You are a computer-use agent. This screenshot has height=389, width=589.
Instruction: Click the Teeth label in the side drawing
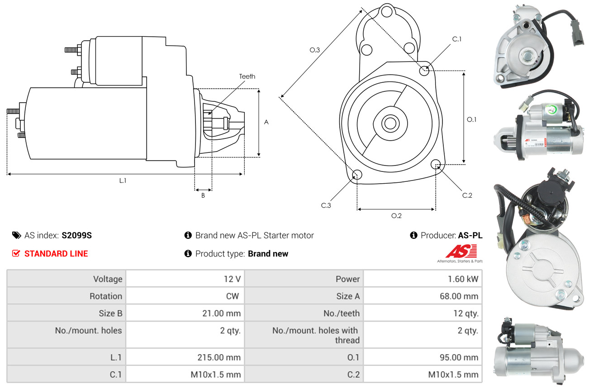(x=247, y=76)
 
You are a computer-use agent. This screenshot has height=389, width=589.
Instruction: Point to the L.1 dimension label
(x=123, y=180)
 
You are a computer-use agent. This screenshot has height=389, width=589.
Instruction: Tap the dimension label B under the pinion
(x=203, y=195)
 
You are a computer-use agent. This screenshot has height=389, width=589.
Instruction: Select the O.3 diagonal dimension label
(x=315, y=50)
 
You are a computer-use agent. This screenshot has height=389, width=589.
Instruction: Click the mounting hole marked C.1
(x=424, y=71)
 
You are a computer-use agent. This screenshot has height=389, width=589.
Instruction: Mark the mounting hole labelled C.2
(x=436, y=164)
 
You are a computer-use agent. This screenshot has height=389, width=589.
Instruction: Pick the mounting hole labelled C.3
(x=357, y=175)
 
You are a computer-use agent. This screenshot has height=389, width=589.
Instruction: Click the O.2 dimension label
(x=396, y=216)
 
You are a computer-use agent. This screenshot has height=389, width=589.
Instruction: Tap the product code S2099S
(x=77, y=235)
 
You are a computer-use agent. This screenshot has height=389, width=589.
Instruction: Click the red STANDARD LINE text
(x=56, y=254)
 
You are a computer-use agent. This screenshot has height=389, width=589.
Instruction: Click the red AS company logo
(x=461, y=251)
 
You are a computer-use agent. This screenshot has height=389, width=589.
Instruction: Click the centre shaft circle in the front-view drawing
(x=389, y=123)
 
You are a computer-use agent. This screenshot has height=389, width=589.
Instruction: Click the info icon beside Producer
(x=413, y=235)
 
